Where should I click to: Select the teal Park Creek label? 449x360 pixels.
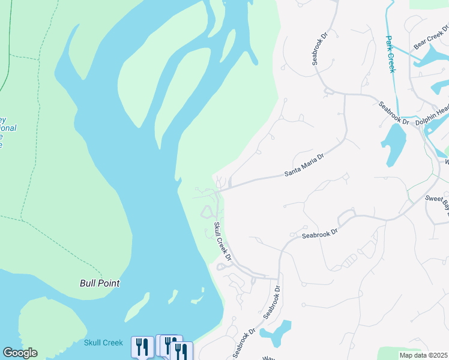pyautogui.click(x=390, y=54)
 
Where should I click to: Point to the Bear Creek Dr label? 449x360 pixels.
pyautogui.click(x=430, y=38)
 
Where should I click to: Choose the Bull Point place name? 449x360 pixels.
pyautogui.click(x=100, y=283)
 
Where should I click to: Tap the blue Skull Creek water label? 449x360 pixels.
pyautogui.click(x=103, y=343)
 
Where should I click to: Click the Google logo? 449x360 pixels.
pyautogui.click(x=20, y=353)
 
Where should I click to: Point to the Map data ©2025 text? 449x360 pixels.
pyautogui.click(x=423, y=355)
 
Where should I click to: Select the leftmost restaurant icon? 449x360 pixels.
pyautogui.click(x=142, y=346)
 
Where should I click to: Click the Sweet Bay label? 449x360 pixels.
pyautogui.click(x=437, y=200)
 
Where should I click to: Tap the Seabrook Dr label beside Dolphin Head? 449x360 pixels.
pyautogui.click(x=394, y=113)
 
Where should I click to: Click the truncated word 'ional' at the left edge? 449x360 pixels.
pyautogui.click(x=7, y=128)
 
